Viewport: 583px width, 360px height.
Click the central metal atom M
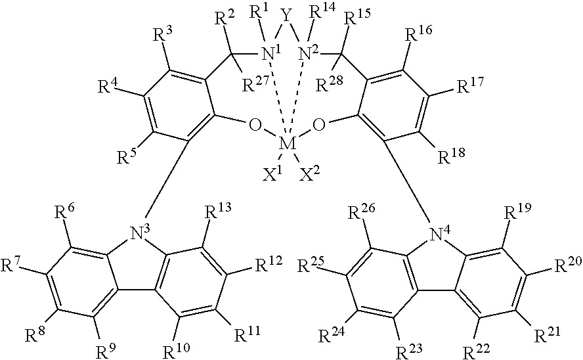coord(288,144)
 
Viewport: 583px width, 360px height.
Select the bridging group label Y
coord(286,15)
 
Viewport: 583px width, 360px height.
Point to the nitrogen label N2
coord(309,54)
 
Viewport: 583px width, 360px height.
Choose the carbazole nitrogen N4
coord(439,234)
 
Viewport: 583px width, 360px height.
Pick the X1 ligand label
coord(272,174)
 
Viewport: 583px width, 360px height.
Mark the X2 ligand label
coord(310,173)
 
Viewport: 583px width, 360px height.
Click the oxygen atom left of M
coord(255,125)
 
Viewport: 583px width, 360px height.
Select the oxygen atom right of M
coord(319,125)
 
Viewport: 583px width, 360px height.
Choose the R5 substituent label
coord(127,156)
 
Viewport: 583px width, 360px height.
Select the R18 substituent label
coord(451,156)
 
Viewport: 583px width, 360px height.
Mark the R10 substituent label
coord(177,350)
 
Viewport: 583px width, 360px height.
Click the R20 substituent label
coord(567,265)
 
